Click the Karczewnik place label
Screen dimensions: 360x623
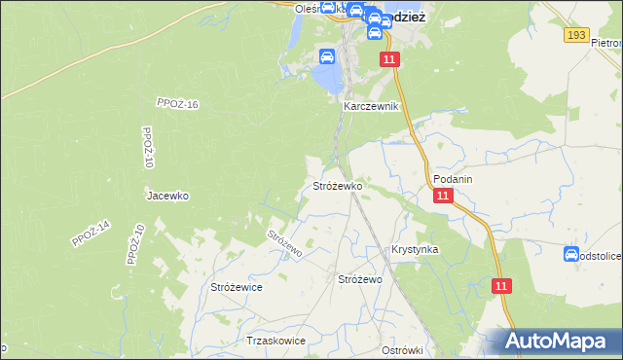[371, 106]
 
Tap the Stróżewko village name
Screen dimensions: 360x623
[337, 185]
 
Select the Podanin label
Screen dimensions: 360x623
[454, 179]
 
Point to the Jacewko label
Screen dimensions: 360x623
[167, 196]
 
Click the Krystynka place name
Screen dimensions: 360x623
[415, 250]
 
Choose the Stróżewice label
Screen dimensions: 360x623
[237, 287]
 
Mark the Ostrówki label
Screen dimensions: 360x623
[401, 350]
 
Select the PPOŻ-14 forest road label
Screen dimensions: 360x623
[92, 234]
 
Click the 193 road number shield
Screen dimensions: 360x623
[576, 35]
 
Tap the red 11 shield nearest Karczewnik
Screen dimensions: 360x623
[389, 60]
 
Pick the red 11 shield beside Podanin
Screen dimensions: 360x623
[444, 196]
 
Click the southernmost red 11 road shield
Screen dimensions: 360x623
[500, 286]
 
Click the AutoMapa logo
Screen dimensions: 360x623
[559, 342]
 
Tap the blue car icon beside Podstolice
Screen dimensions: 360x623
[570, 254]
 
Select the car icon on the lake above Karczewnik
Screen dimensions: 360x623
[327, 56]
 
